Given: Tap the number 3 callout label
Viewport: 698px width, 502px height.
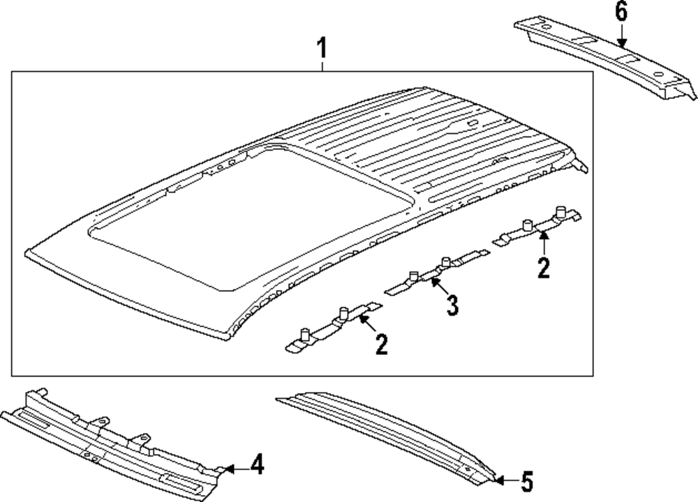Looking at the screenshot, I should pyautogui.click(x=452, y=305).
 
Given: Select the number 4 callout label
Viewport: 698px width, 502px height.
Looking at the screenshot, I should pyautogui.click(x=257, y=464).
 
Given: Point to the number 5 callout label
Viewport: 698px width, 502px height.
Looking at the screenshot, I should pyautogui.click(x=526, y=480).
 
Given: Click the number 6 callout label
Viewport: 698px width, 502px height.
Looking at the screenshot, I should pyautogui.click(x=621, y=12).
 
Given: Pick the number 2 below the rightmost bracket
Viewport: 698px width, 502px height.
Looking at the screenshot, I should pyautogui.click(x=544, y=267).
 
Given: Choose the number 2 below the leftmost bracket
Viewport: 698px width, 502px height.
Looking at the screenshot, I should pyautogui.click(x=381, y=344).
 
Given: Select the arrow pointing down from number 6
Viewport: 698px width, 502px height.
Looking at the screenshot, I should pyautogui.click(x=621, y=35).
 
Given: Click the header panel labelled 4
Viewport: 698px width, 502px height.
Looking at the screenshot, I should pyautogui.click(x=112, y=439).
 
